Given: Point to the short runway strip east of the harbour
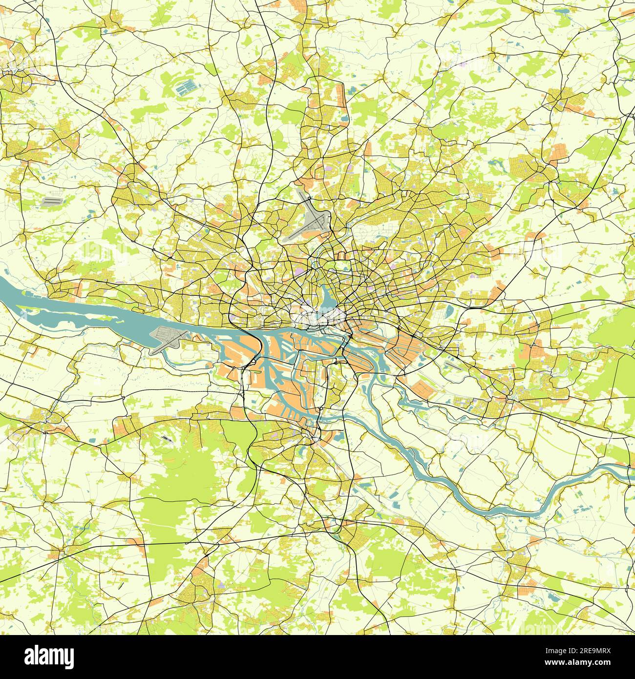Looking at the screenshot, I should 452,363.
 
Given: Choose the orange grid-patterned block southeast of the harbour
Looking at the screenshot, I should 422,389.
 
